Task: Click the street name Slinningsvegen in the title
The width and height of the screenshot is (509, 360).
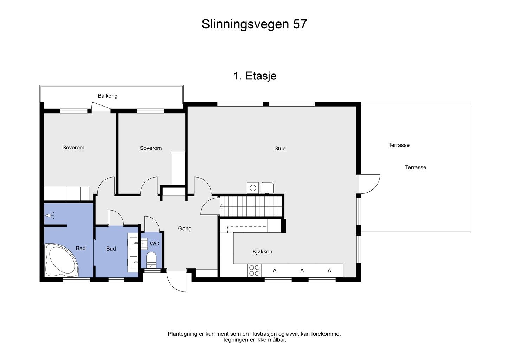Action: point(245,24)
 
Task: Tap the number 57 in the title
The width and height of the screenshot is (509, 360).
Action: point(300,24)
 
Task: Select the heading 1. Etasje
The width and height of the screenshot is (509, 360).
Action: point(255,76)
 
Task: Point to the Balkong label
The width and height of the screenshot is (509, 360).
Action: point(108,96)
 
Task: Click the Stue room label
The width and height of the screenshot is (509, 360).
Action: point(280,148)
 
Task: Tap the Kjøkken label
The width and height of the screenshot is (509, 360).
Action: point(262,252)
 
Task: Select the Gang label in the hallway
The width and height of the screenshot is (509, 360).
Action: point(185,229)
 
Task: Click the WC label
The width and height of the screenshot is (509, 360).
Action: point(154,244)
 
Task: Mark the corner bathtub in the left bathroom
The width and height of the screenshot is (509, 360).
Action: point(61,261)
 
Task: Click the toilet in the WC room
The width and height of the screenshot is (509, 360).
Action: point(151,259)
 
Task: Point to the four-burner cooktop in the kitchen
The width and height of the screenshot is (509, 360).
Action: point(254,270)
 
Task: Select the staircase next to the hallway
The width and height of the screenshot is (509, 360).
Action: point(251,206)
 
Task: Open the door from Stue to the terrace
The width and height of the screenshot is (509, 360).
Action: point(369,184)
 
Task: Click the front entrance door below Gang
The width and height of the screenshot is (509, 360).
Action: point(177,281)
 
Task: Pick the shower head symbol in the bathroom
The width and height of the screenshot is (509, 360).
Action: point(50,216)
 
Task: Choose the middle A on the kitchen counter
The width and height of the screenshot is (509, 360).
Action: point(302,271)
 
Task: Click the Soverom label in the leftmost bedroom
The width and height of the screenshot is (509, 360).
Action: point(73,148)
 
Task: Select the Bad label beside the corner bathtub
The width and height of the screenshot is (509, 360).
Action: point(80,248)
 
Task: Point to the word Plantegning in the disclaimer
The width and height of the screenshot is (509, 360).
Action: point(182,334)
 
